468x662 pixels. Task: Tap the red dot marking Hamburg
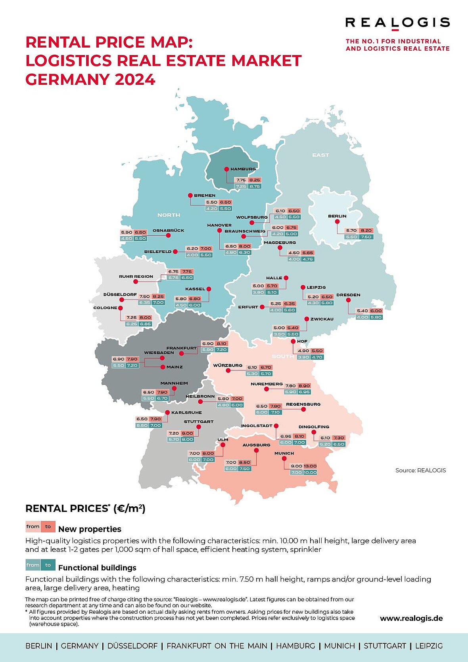coord(226,169)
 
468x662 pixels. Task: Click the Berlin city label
coord(337,216)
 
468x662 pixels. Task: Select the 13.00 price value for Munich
coord(310,466)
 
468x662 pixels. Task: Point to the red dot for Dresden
coord(348,300)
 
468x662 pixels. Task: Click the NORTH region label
coord(169,215)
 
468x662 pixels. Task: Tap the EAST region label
coord(320,155)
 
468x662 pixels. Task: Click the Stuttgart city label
coord(199,422)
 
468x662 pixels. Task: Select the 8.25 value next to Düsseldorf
coord(158,296)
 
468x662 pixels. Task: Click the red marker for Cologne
coord(120,308)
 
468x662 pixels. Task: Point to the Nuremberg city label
coord(267,384)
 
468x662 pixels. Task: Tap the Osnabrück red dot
coord(168,235)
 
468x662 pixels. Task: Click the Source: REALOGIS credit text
coord(420,470)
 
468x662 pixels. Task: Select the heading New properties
coord(90,529)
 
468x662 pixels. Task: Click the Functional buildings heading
coord(97,568)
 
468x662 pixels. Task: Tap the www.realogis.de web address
coord(411,618)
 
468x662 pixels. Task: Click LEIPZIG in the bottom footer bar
coord(429,646)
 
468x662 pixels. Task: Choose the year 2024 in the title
coord(135,80)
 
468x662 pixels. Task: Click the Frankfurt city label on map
coord(181,348)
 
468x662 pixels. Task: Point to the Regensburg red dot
coord(303,409)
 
